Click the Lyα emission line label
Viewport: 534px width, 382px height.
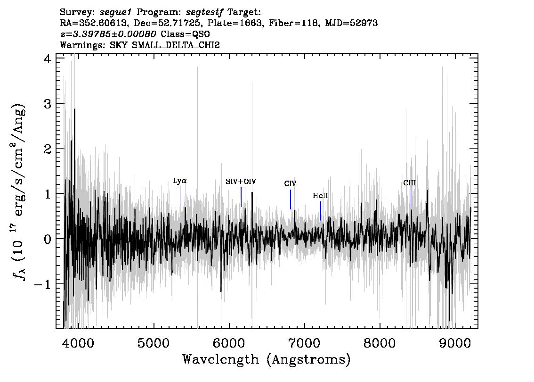180,181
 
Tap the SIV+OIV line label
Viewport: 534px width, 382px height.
241,182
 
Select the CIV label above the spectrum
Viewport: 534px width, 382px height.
290,183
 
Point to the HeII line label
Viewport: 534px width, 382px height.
321,195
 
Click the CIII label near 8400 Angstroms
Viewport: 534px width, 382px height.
410,183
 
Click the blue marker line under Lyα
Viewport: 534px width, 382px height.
180,196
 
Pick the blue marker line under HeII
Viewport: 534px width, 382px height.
321,211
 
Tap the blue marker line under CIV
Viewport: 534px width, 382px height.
291,199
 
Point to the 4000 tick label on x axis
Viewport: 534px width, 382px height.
79,343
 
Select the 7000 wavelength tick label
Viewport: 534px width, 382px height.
304,343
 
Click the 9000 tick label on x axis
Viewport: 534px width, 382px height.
454,343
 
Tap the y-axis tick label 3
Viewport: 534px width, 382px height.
48,104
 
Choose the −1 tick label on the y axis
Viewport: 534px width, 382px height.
43,284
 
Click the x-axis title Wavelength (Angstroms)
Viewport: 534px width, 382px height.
267,359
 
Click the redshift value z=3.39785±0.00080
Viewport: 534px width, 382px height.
108,34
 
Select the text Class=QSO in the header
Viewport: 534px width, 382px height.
185,34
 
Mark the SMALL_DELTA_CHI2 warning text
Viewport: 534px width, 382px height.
176,45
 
